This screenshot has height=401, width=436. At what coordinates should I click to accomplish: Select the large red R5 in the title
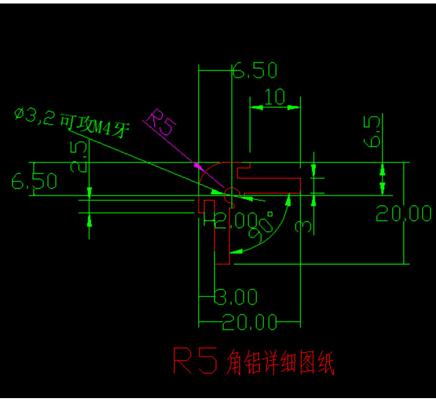tap(195, 361)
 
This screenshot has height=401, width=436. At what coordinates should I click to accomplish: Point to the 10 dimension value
tap(275, 97)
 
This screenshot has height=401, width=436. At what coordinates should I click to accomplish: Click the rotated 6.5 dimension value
tap(374, 131)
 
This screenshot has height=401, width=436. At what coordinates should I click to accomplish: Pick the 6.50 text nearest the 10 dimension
tap(255, 71)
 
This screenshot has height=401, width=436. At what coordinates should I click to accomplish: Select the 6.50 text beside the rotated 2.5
tap(34, 181)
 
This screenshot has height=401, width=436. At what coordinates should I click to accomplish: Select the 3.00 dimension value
tap(236, 298)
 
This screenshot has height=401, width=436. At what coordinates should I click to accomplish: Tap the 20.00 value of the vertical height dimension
tap(403, 213)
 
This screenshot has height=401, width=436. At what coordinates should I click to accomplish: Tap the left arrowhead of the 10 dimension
tap(254, 107)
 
